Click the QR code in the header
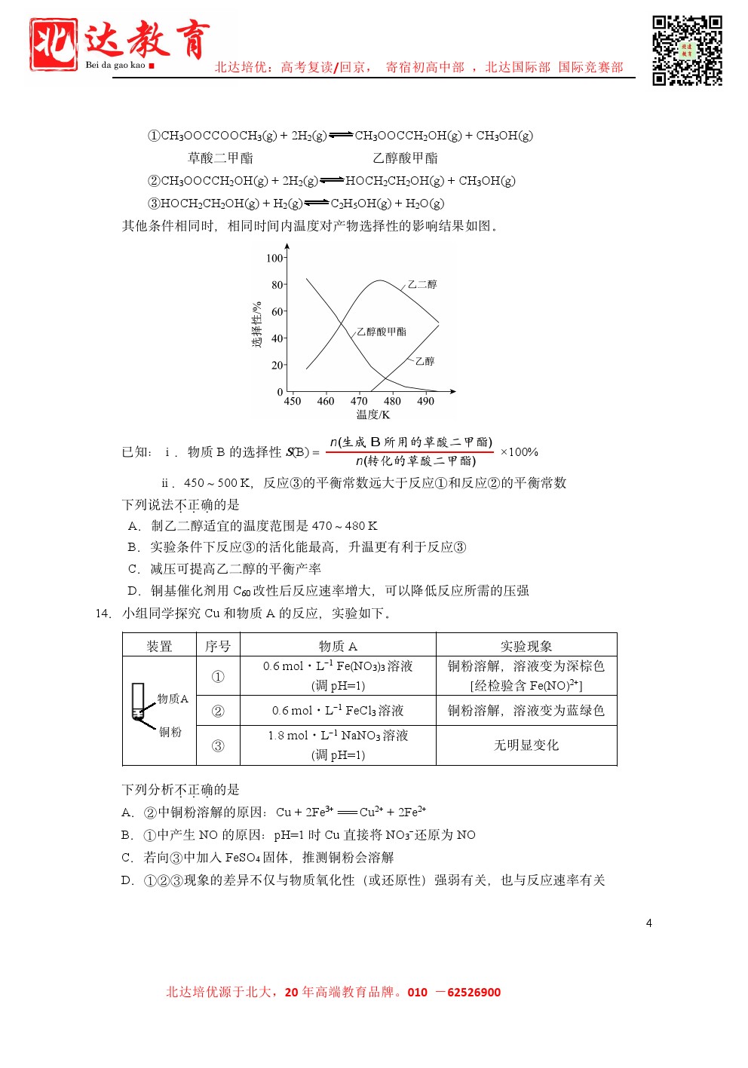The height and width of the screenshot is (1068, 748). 687,50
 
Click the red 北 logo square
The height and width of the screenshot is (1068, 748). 53,44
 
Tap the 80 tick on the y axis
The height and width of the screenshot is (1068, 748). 277,285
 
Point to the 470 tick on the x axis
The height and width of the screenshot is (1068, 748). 359,401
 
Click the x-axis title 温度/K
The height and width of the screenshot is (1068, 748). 372,415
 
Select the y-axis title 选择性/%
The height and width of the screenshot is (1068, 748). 257,325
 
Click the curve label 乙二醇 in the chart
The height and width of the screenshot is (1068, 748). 422,284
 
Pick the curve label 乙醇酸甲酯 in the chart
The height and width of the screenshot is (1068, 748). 382,332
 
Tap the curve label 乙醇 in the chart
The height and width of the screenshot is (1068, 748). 425,361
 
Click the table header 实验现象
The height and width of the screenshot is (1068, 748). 526,646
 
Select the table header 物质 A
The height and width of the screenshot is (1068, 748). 338,646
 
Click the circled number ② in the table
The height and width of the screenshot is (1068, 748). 218,711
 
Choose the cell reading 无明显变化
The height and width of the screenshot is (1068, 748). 526,745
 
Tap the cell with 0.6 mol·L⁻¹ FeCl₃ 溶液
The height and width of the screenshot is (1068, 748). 338,711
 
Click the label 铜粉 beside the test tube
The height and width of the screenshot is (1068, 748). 170,732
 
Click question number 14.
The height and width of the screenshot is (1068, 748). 103,614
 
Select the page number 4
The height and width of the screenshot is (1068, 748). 648,923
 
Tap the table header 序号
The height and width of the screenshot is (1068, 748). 218,646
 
